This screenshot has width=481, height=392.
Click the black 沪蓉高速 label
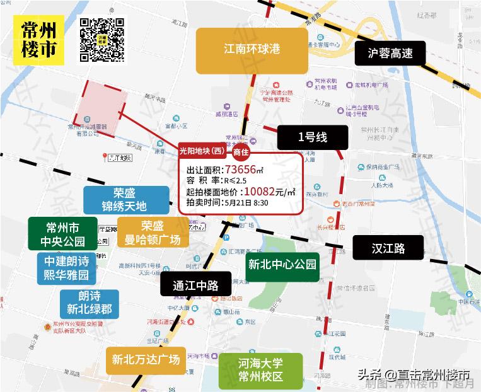[390, 53]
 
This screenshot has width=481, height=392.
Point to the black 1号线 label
[313, 136]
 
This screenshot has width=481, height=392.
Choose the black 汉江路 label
[388, 248]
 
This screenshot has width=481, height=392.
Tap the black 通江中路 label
[195, 285]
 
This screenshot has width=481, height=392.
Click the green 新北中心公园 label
[282, 264]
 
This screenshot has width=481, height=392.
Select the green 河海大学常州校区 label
[260, 371]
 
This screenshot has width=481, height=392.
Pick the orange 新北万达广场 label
[146, 360]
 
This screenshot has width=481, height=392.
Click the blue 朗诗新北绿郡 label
[90, 303]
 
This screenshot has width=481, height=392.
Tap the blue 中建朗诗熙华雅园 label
[66, 268]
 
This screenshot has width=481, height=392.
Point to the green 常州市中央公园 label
[62, 233]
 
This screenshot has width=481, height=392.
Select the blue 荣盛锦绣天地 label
[124, 200]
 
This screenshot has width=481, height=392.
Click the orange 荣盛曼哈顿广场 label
[152, 233]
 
